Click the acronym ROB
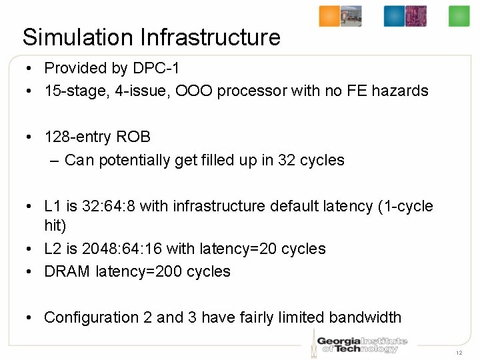click(x=133, y=137)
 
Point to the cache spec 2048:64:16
click(x=121, y=249)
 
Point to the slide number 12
click(x=459, y=352)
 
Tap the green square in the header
click(x=459, y=16)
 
